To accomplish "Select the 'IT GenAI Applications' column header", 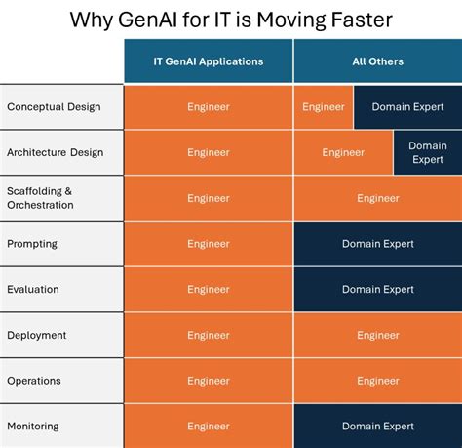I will click(209, 61).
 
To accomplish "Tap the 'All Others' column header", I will click(377, 61).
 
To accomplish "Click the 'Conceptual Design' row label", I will click(53, 107).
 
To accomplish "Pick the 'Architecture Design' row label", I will click(55, 152).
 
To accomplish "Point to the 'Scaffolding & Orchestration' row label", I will click(41, 198).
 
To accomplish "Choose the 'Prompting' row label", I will click(32, 244).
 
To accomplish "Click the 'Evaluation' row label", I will click(33, 289).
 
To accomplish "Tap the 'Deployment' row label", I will click(37, 335).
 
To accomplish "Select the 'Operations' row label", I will click(34, 381).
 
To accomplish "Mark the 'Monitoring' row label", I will click(33, 426).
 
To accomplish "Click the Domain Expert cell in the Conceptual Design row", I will click(407, 107).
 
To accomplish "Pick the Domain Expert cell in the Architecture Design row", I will click(427, 152).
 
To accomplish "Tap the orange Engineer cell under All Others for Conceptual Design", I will click(324, 107).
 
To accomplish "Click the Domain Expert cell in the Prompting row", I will click(377, 244).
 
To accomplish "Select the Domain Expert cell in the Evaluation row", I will click(377, 289).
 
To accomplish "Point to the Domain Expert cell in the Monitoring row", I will click(377, 426).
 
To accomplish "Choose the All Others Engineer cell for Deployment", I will click(377, 335).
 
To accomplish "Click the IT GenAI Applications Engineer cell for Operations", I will click(209, 381).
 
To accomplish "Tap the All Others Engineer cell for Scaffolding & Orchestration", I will click(377, 198).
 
